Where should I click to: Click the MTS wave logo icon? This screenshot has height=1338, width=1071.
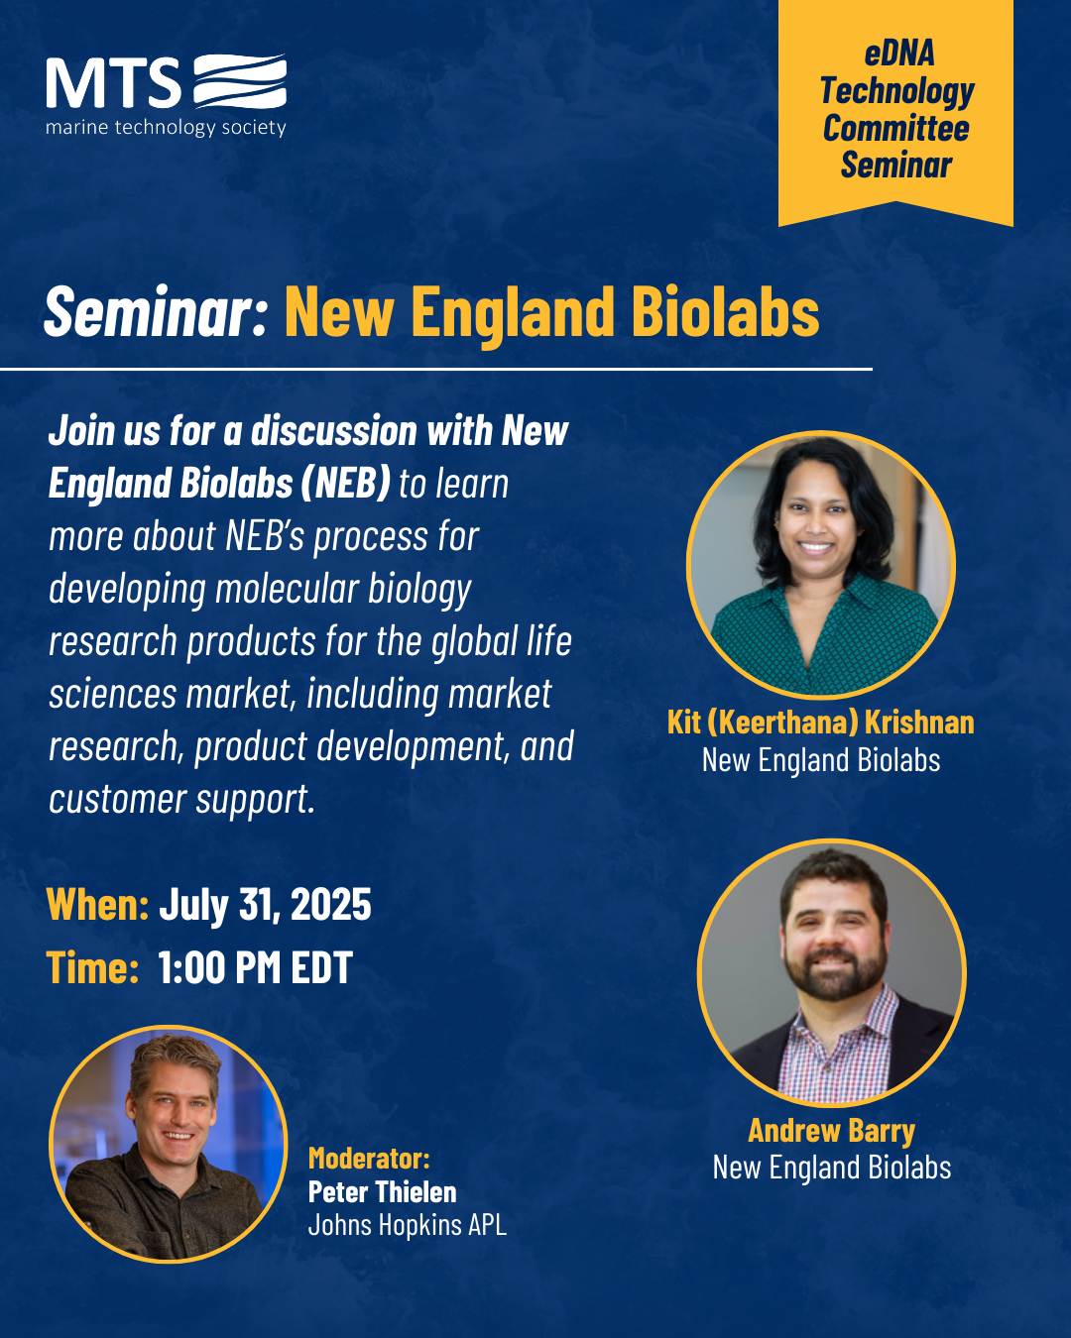(x=240, y=81)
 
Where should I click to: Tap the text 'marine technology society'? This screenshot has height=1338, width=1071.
(x=166, y=128)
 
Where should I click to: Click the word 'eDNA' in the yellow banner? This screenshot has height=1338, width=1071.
(x=898, y=54)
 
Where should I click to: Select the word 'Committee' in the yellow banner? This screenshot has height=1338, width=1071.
(x=895, y=128)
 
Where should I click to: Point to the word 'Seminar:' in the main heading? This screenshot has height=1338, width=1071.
(x=156, y=312)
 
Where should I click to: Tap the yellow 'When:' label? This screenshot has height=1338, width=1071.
(x=98, y=904)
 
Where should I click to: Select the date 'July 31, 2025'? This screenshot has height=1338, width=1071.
(x=265, y=904)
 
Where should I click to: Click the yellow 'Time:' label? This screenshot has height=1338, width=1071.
(x=93, y=967)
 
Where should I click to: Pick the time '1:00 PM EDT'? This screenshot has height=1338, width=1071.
(x=255, y=967)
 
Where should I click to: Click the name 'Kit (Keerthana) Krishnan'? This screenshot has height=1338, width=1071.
(x=821, y=723)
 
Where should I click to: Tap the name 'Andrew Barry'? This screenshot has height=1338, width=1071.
(x=831, y=1130)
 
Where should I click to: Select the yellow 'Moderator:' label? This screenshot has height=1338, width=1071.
(x=369, y=1158)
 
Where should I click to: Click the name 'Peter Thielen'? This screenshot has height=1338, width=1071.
(x=382, y=1192)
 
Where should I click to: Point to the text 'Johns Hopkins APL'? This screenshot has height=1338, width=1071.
(x=407, y=1225)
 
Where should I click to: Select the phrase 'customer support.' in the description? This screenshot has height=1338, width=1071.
(x=181, y=799)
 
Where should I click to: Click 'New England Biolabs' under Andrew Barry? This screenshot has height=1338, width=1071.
(x=831, y=1167)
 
